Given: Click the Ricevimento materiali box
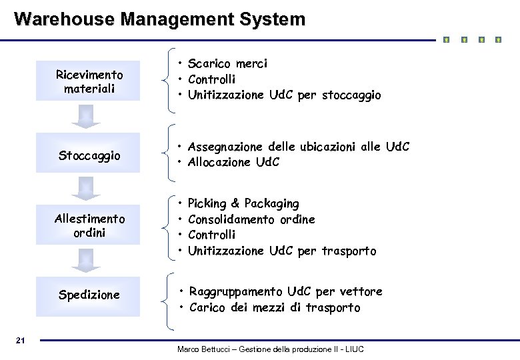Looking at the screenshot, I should [89, 81].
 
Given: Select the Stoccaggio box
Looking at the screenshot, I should [89, 156].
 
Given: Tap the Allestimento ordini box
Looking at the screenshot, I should [89, 226].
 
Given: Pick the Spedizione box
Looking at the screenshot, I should [89, 295].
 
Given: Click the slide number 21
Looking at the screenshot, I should [20, 341].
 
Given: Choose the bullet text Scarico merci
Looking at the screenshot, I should [227, 64].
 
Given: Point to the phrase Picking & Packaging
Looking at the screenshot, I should [243, 203].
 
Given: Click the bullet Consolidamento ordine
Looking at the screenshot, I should [251, 219].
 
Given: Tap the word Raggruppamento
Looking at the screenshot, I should [236, 291].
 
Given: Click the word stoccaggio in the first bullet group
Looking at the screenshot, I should [351, 95].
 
